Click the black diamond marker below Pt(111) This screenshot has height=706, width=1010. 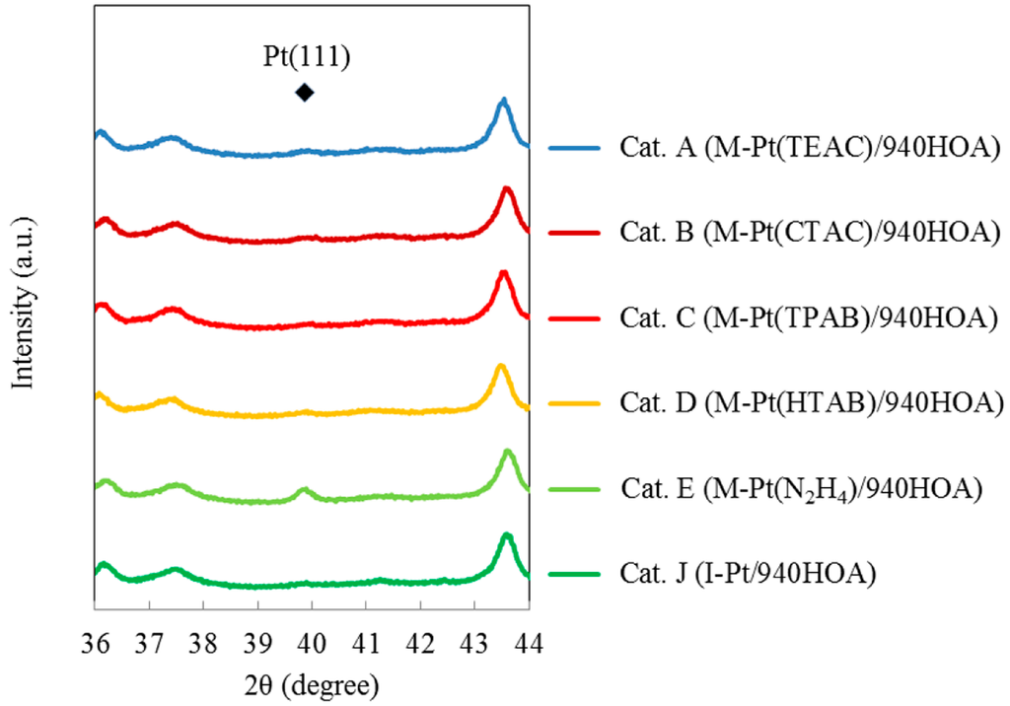pos(305,93)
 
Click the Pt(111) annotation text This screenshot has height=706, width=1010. pos(305,58)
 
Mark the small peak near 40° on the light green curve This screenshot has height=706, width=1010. pos(304,489)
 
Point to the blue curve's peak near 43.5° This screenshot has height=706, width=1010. pos(503,100)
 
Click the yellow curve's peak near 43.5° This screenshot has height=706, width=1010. pos(500,366)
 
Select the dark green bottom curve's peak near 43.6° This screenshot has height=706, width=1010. pos(507,534)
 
